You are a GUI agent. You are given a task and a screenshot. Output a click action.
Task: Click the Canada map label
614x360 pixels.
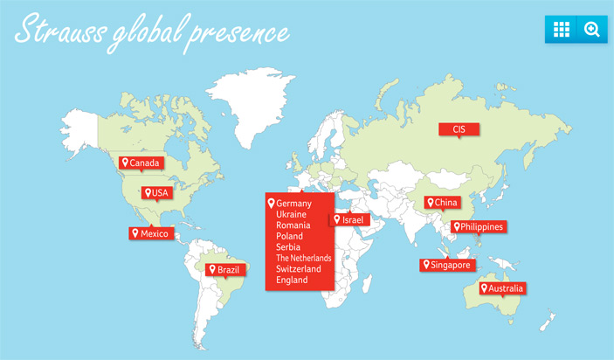[141, 163]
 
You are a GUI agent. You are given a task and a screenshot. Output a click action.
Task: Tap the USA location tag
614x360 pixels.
[157, 192]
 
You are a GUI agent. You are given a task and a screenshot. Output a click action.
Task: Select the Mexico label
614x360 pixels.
[151, 233]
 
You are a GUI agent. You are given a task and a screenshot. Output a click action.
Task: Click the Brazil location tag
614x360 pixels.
[223, 270]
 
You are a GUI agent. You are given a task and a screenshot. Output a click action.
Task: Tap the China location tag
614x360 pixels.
[442, 203]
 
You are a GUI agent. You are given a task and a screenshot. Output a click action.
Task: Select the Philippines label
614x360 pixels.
[478, 227]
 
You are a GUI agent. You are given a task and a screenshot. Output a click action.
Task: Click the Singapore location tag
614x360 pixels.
[447, 265]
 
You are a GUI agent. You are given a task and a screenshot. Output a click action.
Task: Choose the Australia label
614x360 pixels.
[502, 287]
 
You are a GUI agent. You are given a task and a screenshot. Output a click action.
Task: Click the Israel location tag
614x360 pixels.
[348, 219]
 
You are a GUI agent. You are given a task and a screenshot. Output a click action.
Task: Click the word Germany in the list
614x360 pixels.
[293, 204]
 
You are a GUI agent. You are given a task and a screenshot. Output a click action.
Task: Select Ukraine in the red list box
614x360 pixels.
[292, 214]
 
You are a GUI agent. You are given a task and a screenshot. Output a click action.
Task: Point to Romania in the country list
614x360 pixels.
[293, 225]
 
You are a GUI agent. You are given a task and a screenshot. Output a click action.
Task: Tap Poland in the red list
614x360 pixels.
[290, 236]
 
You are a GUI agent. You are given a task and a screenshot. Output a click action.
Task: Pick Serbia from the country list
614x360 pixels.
[288, 247]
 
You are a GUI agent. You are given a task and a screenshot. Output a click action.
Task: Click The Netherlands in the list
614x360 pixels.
[304, 258]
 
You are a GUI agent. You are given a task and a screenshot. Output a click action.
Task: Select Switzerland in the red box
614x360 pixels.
[299, 269]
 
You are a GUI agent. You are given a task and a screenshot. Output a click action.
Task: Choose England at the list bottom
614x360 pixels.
[292, 280]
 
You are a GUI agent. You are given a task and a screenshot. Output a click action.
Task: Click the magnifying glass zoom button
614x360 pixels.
[592, 29]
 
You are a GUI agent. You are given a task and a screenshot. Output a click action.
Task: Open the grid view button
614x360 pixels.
[561, 29]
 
